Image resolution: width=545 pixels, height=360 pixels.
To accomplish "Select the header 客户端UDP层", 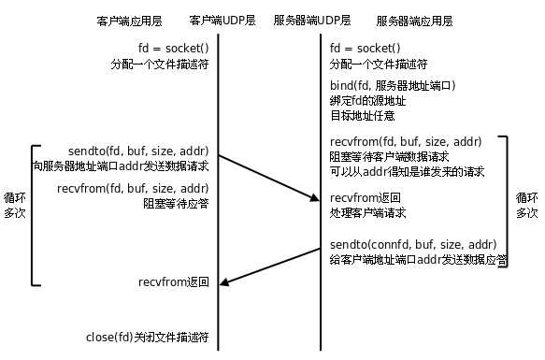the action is click(222, 20).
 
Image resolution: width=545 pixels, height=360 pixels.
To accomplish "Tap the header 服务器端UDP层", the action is click(312, 20).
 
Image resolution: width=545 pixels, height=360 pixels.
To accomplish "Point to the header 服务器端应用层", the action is click(414, 20).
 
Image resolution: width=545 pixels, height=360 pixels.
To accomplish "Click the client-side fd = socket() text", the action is click(172, 49).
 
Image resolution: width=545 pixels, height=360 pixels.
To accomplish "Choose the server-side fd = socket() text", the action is click(366, 49).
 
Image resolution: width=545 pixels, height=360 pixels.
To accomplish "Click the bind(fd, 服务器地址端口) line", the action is click(393, 85).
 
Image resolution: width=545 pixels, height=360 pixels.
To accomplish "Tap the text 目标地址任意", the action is click(363, 115).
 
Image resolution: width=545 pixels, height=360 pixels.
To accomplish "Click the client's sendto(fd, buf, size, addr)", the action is click(138, 150).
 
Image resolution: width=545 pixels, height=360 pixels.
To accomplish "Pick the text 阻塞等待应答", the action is click(176, 202).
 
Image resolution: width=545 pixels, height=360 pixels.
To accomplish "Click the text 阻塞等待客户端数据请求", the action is click(390, 156).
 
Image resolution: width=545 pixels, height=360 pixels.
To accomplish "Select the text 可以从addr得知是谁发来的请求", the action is click(407, 171).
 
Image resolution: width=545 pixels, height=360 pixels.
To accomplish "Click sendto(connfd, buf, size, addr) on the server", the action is click(412, 245).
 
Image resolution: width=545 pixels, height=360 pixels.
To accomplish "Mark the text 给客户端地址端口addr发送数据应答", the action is click(419, 260).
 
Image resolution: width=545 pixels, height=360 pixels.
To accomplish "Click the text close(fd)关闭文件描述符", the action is click(147, 336).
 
